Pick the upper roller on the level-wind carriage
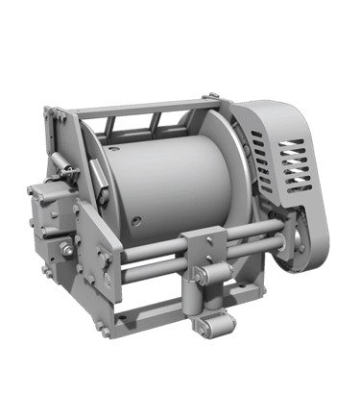[x=217, y=282]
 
